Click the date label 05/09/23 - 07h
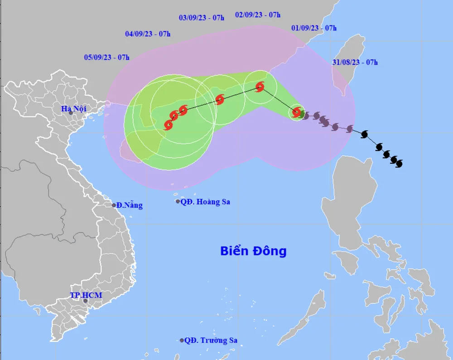[x=106, y=57]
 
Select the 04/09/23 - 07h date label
[x=148, y=34]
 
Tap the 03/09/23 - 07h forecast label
[x=202, y=18]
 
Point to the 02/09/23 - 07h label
[x=258, y=15]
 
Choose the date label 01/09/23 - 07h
[x=314, y=28]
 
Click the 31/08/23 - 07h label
[x=355, y=63]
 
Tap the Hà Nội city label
[x=75, y=108]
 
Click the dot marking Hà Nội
[x=71, y=113]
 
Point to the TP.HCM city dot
[x=85, y=301]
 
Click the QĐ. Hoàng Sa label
[x=205, y=202]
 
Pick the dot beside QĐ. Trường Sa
[x=182, y=340]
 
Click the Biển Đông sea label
[x=253, y=251]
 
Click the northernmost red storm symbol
[x=260, y=87]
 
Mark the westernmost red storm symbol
[x=169, y=124]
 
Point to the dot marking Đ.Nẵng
[x=114, y=205]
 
